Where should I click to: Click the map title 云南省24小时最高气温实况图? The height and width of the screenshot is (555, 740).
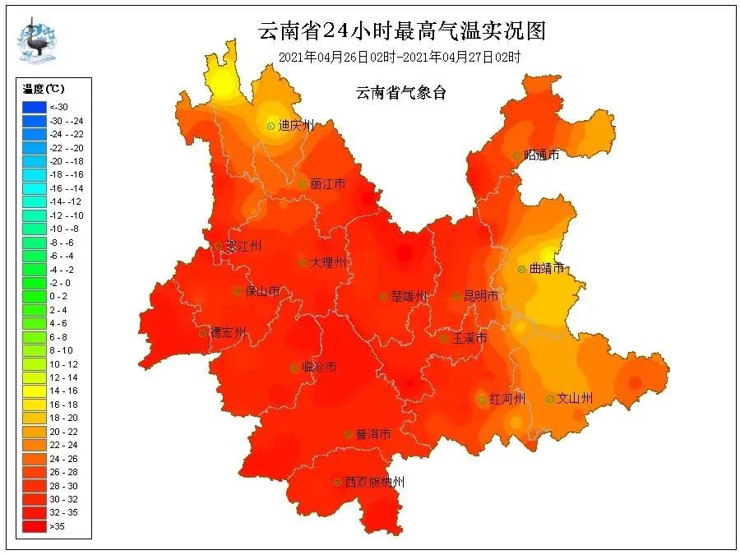point(401,30)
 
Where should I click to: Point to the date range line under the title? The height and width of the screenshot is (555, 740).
point(400,57)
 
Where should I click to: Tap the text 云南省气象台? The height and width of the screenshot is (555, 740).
point(400,93)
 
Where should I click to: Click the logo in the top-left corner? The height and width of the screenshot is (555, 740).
point(37,39)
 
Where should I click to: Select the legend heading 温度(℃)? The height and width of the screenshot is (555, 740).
point(44,89)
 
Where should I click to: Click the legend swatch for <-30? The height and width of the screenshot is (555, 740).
point(34,107)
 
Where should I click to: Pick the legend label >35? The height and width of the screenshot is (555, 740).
point(58,525)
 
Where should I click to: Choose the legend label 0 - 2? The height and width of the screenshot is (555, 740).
point(59,296)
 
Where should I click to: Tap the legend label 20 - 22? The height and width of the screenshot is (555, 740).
point(63,431)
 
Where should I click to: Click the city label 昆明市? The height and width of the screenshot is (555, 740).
point(481,296)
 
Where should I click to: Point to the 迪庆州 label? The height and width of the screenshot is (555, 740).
point(296,126)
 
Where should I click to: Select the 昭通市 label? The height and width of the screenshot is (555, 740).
point(541,155)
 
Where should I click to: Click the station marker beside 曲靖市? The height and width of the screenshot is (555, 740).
point(521,269)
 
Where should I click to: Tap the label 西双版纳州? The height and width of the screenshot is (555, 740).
point(374,482)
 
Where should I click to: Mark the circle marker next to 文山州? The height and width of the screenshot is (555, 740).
point(549,399)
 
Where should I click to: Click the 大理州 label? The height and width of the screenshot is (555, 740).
point(328,263)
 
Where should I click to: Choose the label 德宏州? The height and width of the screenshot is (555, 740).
point(228,332)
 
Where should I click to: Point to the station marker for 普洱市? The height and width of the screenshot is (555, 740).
point(349,434)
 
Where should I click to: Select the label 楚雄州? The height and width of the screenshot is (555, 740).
point(409,296)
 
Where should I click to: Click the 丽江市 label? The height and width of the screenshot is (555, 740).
point(328,184)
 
